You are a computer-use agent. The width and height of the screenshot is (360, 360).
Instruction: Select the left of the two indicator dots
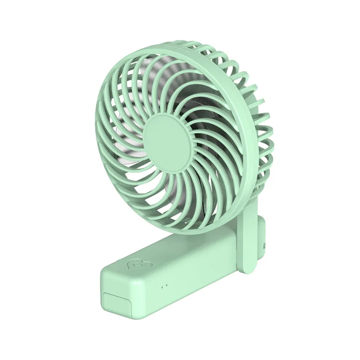[x=162, y=285]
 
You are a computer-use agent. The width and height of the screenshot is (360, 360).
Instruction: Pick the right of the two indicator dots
[x=166, y=284]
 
